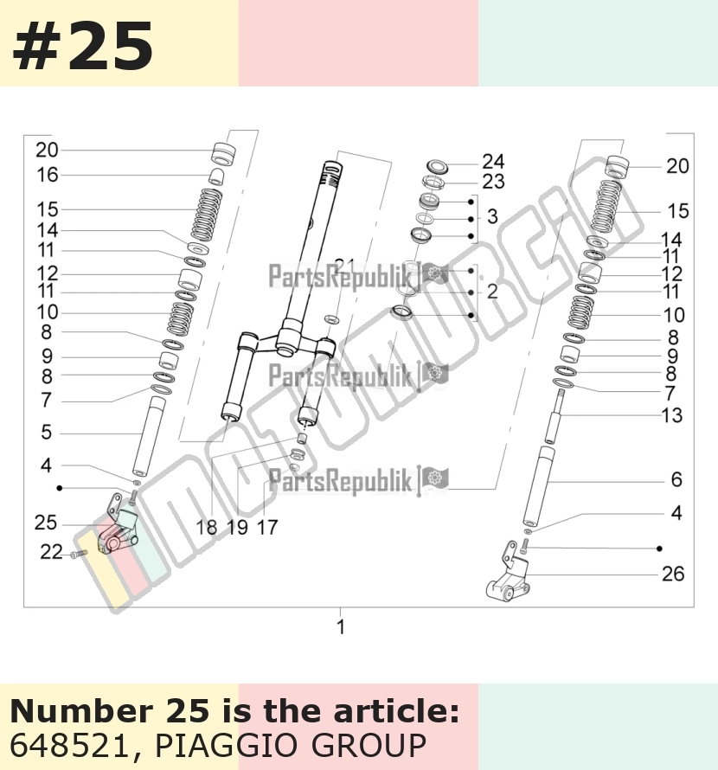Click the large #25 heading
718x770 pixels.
[82, 47]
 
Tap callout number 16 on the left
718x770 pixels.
[48, 175]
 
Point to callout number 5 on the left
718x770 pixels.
[46, 432]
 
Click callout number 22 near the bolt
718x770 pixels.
[52, 552]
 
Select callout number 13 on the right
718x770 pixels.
[672, 415]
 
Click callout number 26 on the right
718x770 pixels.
[673, 574]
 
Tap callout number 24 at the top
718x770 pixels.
[493, 162]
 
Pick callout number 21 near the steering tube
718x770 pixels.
[345, 266]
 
